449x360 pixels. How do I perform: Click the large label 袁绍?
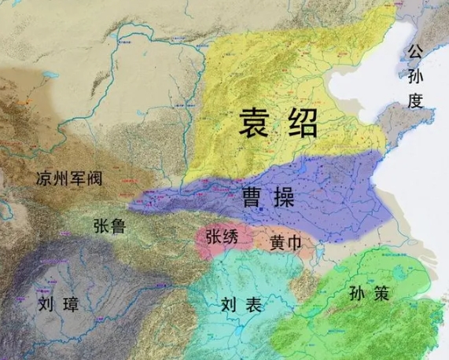[x=279, y=123]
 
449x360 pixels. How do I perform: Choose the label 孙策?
[x=366, y=293]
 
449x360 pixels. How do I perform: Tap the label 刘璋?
[x=57, y=303]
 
